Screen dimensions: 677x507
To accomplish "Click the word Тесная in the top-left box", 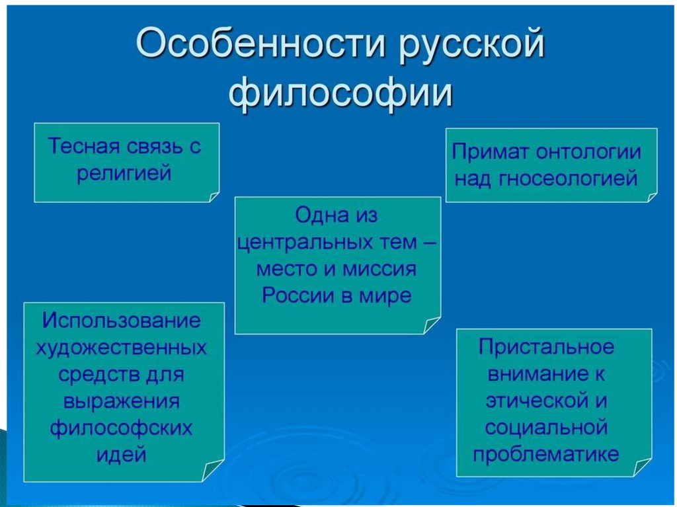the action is [x=84, y=147].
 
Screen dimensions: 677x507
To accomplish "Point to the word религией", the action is [x=124, y=173].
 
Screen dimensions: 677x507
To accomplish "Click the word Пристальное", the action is [x=547, y=347].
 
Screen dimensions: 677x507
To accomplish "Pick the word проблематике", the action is [x=547, y=454].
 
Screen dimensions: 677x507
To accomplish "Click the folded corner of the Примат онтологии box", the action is [x=651, y=196].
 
